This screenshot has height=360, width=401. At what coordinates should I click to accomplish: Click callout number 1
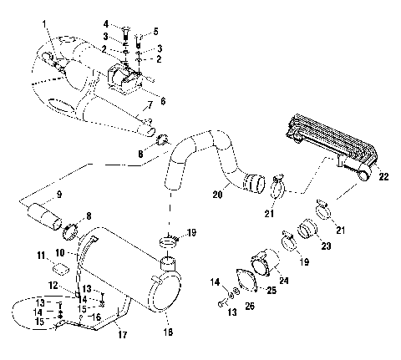click(x=45, y=18)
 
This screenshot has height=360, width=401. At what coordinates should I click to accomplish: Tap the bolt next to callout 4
click(x=124, y=33)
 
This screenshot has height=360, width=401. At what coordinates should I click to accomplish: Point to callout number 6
click(x=162, y=101)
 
